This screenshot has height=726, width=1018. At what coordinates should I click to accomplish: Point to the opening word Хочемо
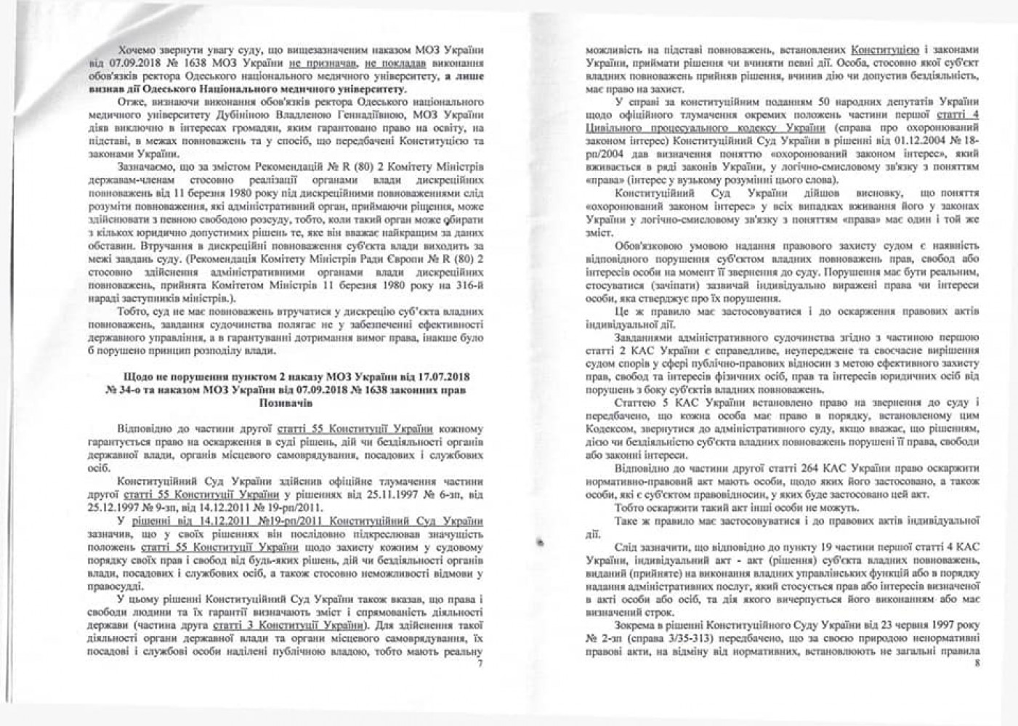pos(140,49)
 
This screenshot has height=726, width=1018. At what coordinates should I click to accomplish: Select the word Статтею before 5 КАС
pos(637,402)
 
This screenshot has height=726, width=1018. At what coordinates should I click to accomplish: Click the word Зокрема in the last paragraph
pos(637,624)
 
